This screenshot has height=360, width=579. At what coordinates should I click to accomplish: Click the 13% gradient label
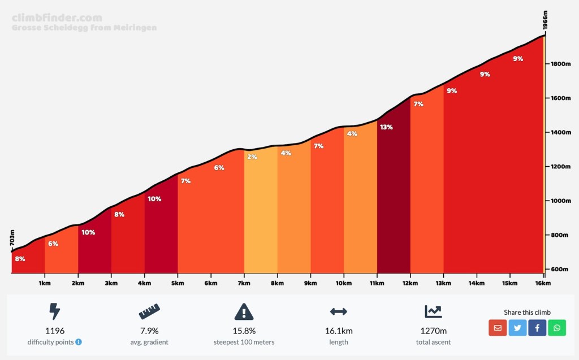(387, 127)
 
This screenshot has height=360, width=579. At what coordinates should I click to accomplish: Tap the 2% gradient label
(252, 157)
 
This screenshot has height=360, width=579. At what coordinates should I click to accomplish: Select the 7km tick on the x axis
(244, 283)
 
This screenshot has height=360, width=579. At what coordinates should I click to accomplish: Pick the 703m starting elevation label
(12, 238)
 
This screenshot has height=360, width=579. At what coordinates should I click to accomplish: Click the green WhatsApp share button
(557, 327)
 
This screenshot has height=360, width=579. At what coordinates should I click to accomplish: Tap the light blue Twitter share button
(517, 327)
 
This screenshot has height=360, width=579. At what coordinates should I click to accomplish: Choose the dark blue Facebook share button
(537, 327)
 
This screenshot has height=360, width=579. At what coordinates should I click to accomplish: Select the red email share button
(498, 327)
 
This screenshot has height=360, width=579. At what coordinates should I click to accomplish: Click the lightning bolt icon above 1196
(55, 311)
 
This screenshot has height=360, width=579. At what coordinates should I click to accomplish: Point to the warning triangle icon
(244, 311)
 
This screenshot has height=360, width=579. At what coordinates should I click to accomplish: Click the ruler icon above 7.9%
(149, 311)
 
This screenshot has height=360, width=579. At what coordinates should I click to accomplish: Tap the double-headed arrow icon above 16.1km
(338, 311)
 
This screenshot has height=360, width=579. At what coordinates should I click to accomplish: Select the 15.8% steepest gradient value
(244, 331)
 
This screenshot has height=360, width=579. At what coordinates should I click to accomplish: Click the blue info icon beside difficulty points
(79, 342)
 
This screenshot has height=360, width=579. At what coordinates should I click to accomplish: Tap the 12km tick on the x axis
(411, 283)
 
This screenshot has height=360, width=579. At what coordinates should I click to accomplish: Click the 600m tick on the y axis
(560, 269)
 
